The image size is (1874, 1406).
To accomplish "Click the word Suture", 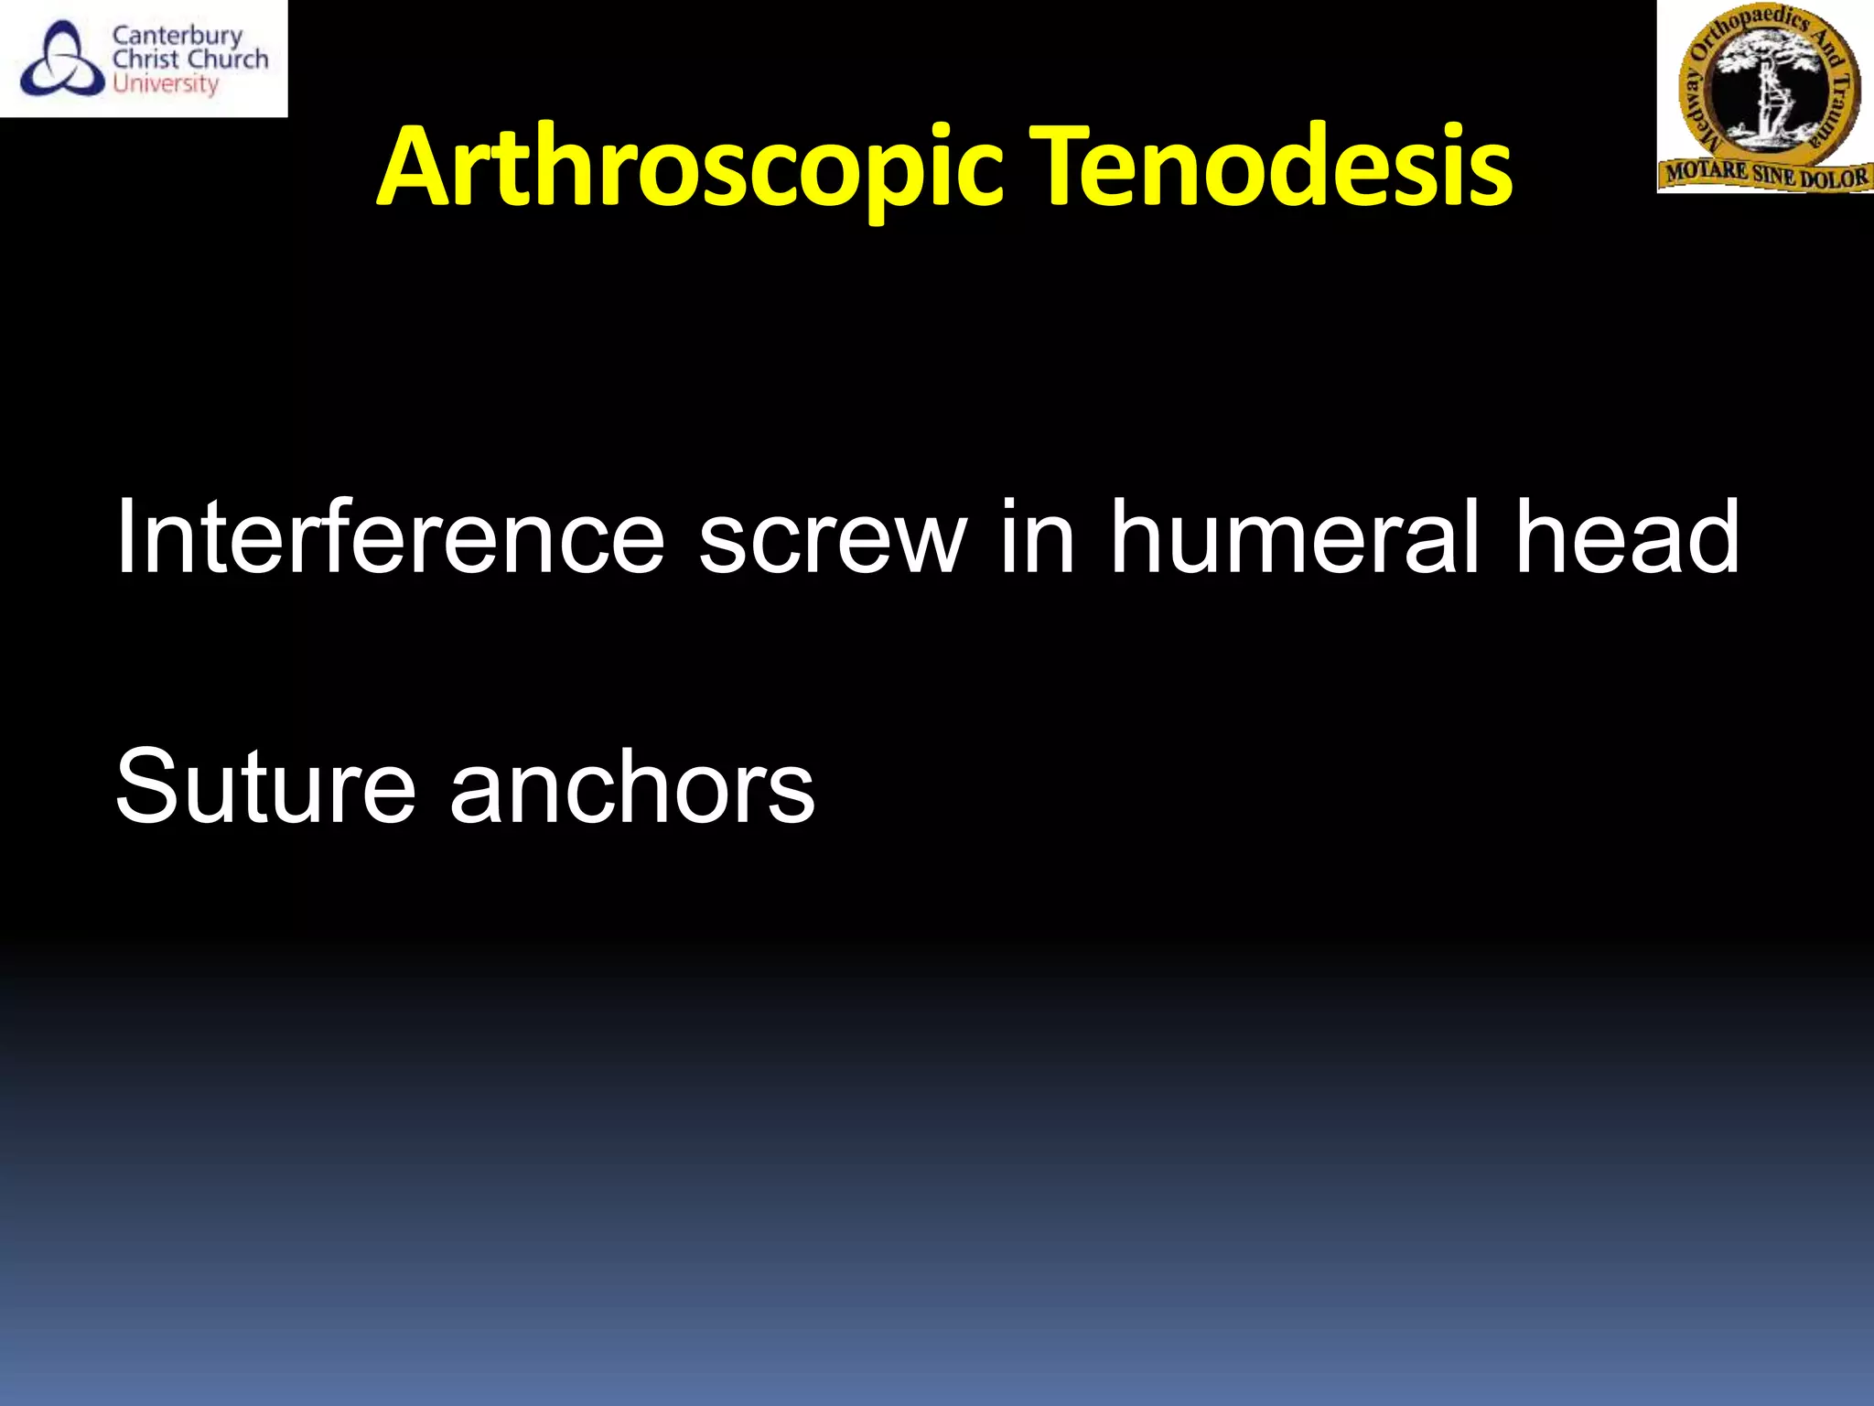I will (265, 785).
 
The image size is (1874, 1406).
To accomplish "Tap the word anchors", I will (631, 785).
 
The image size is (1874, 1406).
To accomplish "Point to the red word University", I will (166, 84).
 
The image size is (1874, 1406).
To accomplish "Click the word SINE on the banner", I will (1774, 175).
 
